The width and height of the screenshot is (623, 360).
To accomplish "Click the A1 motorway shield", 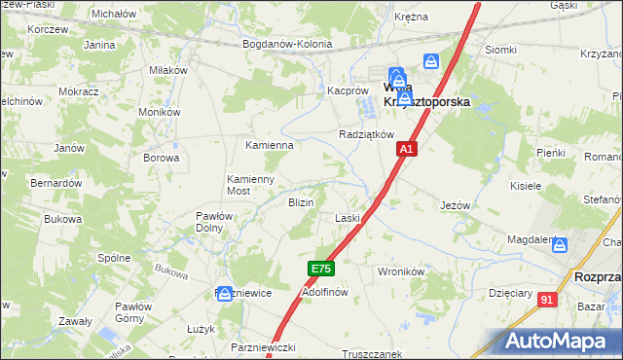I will (407, 149).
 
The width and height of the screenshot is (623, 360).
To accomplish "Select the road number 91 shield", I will (547, 301).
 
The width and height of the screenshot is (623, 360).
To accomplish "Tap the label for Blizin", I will (300, 202).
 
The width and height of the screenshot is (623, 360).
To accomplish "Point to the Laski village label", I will (348, 219).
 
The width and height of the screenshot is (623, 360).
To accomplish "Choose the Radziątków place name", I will (366, 134).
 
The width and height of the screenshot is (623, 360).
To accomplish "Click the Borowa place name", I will (162, 158).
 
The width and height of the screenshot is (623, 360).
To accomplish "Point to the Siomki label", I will (500, 50).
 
